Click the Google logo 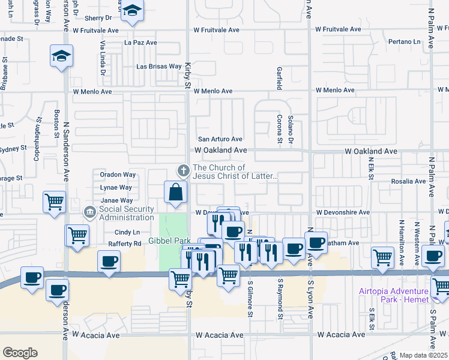(x=20, y=353)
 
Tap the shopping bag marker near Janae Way (x=176, y=193)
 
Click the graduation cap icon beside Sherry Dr (x=131, y=11)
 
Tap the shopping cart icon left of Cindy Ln (x=78, y=235)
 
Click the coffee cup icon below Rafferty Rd (x=109, y=261)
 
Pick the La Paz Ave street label (x=140, y=43)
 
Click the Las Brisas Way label (x=159, y=67)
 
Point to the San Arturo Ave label (x=220, y=139)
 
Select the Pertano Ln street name (x=404, y=42)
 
